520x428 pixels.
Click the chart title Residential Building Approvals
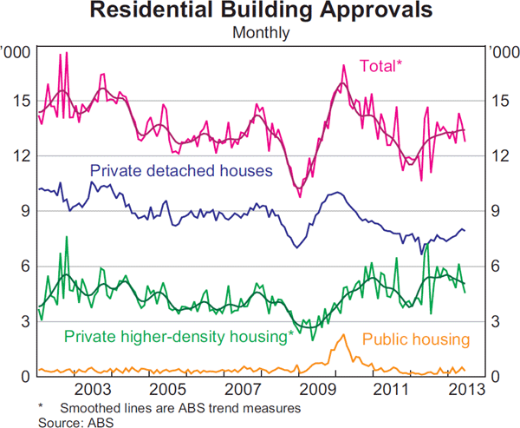click(260, 11)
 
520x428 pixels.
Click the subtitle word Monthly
click(260, 33)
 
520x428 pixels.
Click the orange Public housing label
click(415, 339)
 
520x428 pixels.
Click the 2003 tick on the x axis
click(94, 388)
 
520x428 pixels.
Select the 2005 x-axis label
click(167, 388)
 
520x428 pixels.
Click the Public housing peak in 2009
click(344, 335)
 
